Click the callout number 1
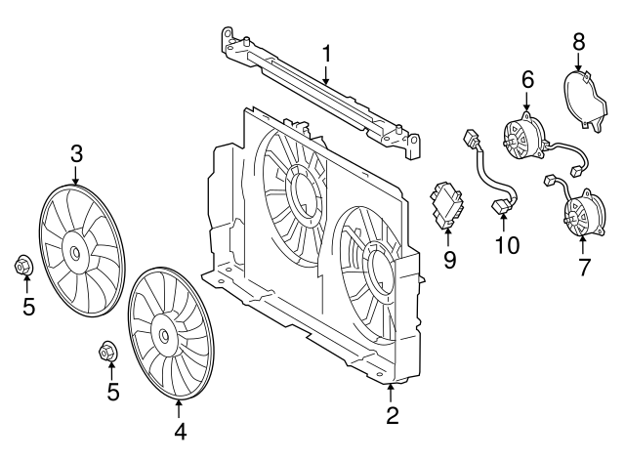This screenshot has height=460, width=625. [x=327, y=52]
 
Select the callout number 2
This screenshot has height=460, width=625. [x=392, y=416]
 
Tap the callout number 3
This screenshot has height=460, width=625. [x=76, y=152]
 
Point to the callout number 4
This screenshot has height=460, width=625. [x=180, y=430]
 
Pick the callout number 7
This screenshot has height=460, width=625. [x=584, y=266]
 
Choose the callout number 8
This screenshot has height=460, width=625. [x=578, y=41]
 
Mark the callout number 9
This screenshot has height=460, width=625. [x=449, y=259]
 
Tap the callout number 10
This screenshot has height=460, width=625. [x=507, y=244]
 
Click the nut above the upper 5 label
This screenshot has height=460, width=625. [x=23, y=265]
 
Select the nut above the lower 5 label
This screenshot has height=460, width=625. [x=109, y=350]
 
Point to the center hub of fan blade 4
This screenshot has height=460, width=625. [x=162, y=335]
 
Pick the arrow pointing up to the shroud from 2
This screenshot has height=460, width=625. [x=392, y=393]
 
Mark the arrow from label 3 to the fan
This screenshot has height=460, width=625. [x=76, y=176]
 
